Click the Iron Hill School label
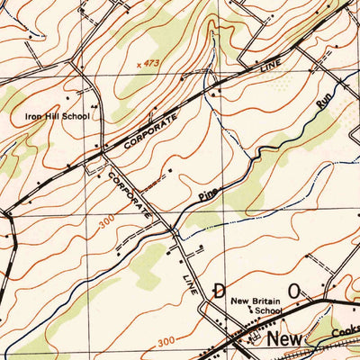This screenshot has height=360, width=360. (x=58, y=117)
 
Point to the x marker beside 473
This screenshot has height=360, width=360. (x=140, y=64)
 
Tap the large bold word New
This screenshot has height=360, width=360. (x=287, y=339)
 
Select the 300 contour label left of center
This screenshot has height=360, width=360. (x=107, y=221)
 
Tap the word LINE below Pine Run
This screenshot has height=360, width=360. (x=191, y=268)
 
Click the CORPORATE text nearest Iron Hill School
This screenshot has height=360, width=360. (x=146, y=130)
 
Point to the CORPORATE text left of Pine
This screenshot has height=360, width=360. (x=129, y=191)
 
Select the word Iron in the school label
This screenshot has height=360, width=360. (x=32, y=117)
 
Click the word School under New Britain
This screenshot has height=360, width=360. (x=268, y=311)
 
